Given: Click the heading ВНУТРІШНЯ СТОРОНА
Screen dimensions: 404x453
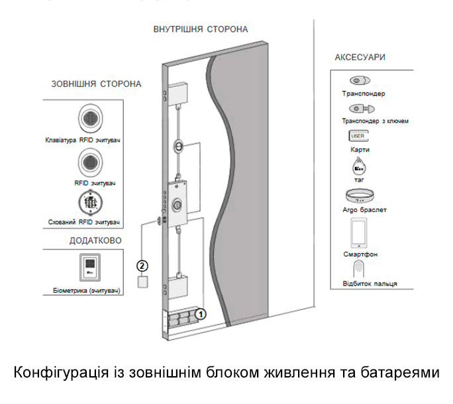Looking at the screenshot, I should click(200, 30).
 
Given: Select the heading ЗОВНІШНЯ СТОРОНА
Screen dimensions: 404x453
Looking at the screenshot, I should click(96, 85).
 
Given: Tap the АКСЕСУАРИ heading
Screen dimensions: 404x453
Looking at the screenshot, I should click(360, 58).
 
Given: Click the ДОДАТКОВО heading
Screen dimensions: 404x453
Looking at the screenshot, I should click(96, 240).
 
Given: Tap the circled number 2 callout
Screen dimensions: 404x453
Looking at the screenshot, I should click(142, 266).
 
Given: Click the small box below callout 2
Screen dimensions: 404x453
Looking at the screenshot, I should click(142, 282).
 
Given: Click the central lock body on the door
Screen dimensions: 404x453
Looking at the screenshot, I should click(178, 204).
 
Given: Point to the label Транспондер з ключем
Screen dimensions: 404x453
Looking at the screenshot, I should click(375, 121).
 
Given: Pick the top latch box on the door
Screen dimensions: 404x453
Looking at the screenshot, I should click(178, 94).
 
